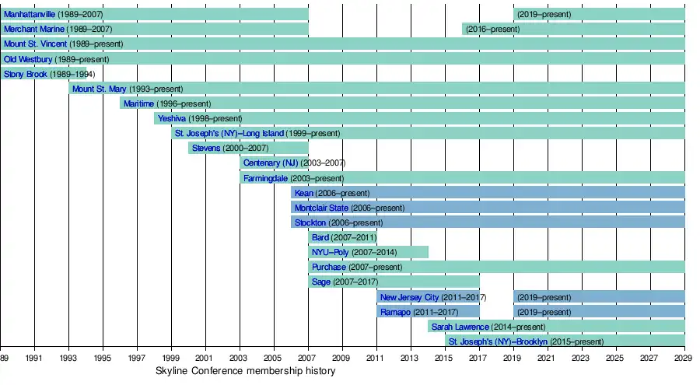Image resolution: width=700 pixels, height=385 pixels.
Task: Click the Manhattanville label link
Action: click(34, 14)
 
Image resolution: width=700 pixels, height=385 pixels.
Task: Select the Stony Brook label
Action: click(25, 74)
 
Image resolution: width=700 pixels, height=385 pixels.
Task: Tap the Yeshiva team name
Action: click(171, 118)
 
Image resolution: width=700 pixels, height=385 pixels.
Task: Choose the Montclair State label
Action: click(321, 208)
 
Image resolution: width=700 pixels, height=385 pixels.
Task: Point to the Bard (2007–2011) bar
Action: click(343, 237)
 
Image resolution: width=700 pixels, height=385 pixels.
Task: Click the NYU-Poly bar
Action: click(369, 252)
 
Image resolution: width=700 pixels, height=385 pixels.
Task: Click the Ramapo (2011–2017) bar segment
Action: click(429, 312)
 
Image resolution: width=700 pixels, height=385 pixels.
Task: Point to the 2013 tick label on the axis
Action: click(410, 358)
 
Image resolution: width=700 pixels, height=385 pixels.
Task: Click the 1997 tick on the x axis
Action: click(137, 358)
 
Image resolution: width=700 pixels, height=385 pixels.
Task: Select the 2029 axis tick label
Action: click(684, 358)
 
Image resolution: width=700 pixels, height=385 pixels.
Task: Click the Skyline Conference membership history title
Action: click(245, 371)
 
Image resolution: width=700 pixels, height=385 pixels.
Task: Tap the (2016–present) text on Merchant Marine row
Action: click(492, 29)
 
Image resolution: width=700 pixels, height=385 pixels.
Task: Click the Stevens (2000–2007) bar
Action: click(248, 148)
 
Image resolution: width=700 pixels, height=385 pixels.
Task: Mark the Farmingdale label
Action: click(265, 178)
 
